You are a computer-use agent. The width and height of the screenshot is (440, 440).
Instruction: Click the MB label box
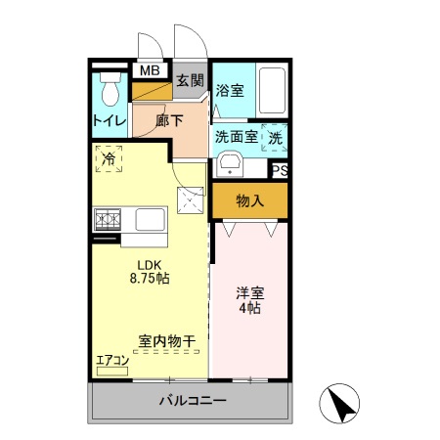150,70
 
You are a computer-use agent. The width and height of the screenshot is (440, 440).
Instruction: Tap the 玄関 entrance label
191,81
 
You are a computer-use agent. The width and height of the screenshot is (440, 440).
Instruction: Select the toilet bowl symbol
110,91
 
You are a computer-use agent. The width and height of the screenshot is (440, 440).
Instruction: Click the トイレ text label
108,121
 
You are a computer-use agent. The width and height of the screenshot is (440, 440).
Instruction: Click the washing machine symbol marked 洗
274,137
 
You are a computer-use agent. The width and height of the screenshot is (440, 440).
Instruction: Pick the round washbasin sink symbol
230,162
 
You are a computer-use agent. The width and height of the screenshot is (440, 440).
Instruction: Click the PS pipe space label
280,170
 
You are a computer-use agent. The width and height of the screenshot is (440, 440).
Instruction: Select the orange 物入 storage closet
250,201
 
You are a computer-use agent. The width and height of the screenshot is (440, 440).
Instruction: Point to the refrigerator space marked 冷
109,157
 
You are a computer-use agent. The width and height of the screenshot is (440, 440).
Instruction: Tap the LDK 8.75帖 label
150,270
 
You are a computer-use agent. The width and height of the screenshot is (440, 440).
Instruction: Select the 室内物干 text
166,341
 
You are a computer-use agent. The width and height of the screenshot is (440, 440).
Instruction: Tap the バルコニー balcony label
193,401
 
